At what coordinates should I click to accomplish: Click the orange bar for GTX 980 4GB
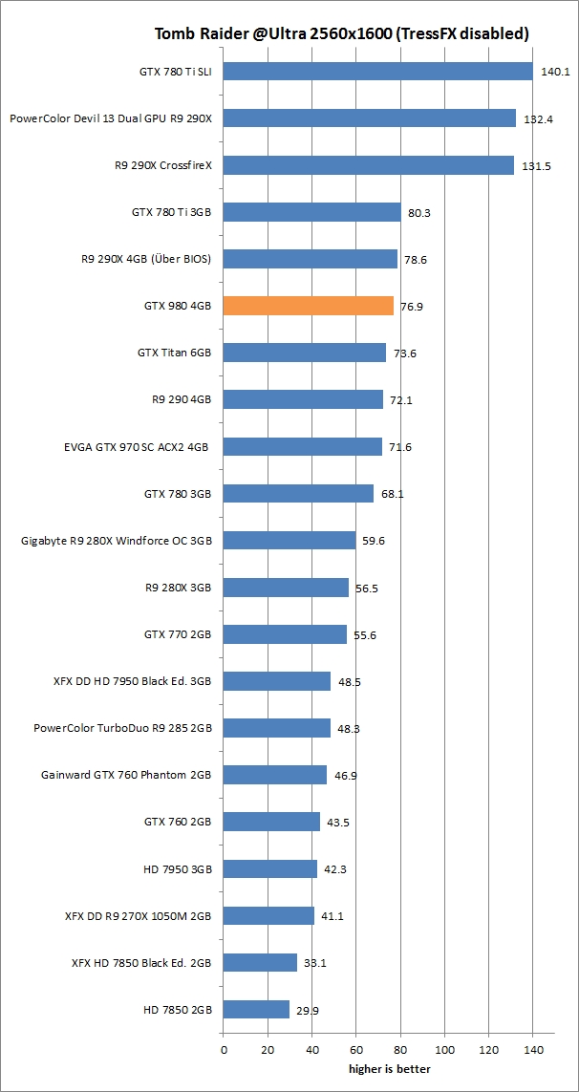(x=308, y=306)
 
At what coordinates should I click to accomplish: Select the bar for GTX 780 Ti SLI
(x=377, y=72)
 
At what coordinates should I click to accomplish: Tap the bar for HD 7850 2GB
(x=256, y=1009)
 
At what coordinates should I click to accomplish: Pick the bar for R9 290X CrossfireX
(x=368, y=165)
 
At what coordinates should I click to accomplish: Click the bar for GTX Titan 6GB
(x=304, y=353)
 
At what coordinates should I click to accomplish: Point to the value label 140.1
(x=555, y=72)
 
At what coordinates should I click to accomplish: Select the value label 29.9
(x=311, y=1009)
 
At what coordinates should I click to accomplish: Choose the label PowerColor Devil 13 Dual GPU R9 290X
(x=110, y=118)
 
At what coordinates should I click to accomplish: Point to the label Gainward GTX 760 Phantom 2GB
(x=126, y=775)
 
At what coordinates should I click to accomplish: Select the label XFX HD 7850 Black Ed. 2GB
(x=141, y=962)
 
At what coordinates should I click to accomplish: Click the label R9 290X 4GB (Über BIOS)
(x=146, y=259)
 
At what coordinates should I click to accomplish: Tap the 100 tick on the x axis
(x=445, y=1050)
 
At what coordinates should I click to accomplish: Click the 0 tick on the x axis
(x=224, y=1050)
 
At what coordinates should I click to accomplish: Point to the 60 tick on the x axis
(x=356, y=1050)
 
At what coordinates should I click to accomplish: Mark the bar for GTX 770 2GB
(x=285, y=634)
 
